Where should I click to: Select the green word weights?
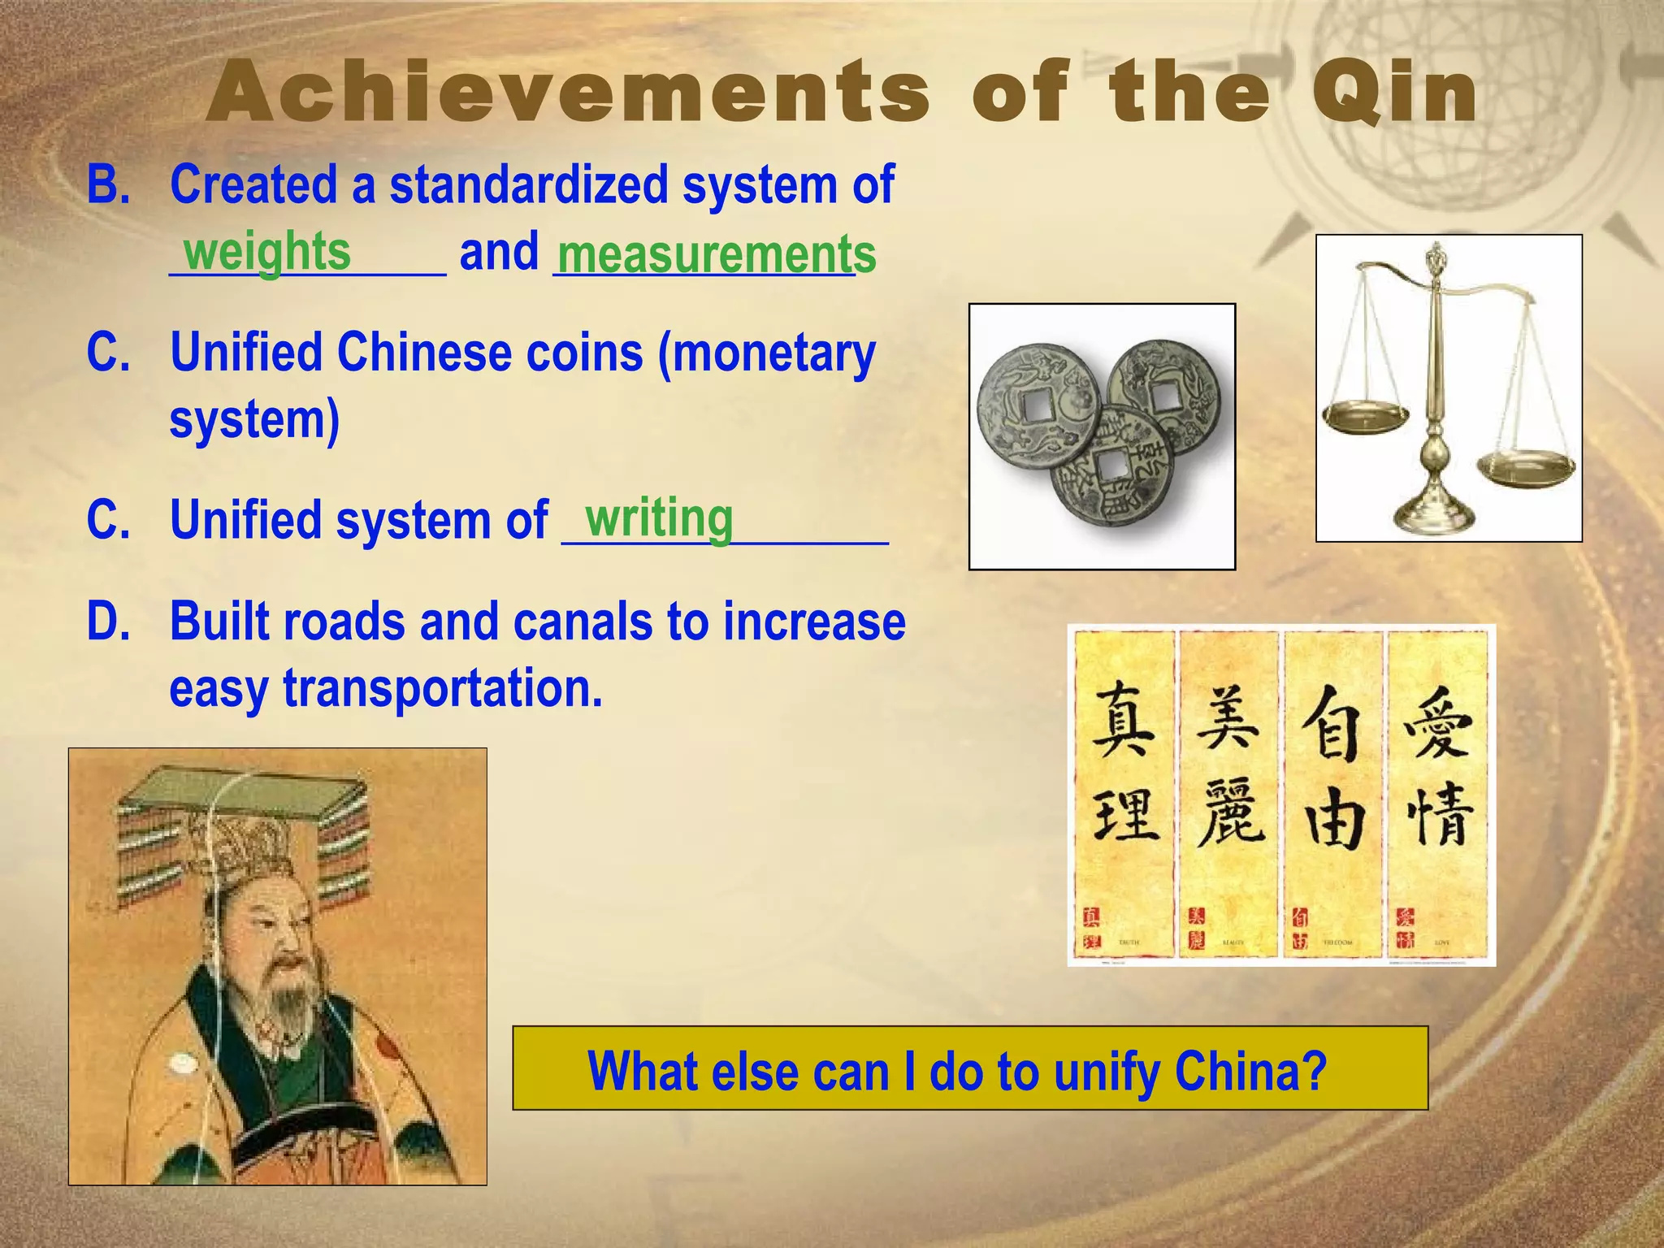(x=267, y=251)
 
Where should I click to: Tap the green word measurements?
(x=716, y=254)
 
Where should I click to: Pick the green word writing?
(x=658, y=518)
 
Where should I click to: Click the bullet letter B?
(x=108, y=184)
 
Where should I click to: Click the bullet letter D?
(x=108, y=622)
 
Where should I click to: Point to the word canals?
(x=583, y=622)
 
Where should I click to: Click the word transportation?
(x=443, y=688)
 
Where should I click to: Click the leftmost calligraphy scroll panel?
(x=1124, y=792)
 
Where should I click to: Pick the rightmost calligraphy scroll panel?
(x=1437, y=792)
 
